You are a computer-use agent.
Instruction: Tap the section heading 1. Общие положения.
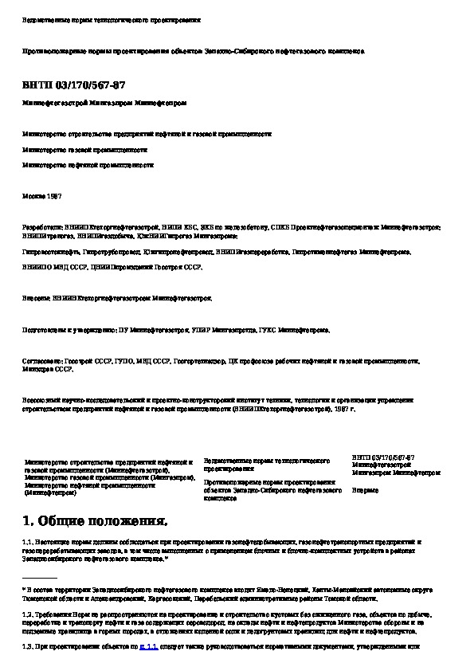pyautogui.click(x=96, y=522)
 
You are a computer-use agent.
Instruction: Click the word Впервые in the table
pyautogui.click(x=366, y=490)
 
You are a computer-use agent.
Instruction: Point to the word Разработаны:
pyautogui.click(x=41, y=227)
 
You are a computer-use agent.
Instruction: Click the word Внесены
pyautogui.click(x=37, y=297)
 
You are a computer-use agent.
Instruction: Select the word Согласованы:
pyautogui.click(x=43, y=360)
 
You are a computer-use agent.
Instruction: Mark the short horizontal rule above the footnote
pyautogui.click(x=41, y=576)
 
